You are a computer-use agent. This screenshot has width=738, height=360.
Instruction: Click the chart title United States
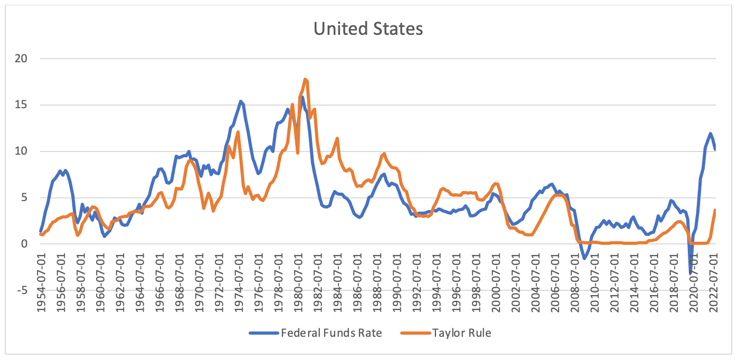tap(368, 29)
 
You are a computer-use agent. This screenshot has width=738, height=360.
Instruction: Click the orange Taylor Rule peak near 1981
tap(306, 80)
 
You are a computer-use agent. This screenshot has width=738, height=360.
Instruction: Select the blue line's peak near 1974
tap(241, 101)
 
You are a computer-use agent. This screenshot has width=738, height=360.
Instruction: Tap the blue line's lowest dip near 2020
tap(690, 272)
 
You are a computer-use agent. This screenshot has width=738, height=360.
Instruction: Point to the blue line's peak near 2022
tap(711, 134)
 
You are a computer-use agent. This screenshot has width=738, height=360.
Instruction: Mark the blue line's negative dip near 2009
tap(584, 258)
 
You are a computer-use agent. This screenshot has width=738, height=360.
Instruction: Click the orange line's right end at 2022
tap(715, 210)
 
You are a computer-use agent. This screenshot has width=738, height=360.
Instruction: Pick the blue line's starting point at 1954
tap(41, 231)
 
